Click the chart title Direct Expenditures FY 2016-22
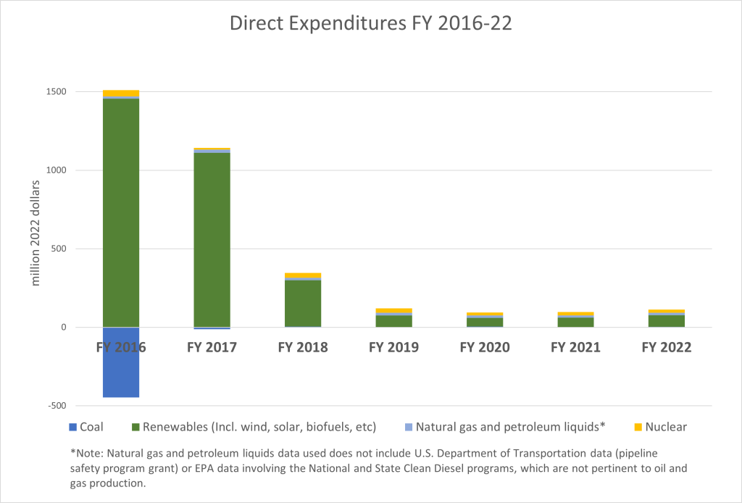pyautogui.click(x=370, y=23)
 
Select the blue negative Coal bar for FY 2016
pyautogui.click(x=121, y=362)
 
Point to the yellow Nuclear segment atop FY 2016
pyautogui.click(x=121, y=93)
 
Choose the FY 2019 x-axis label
pyautogui.click(x=393, y=348)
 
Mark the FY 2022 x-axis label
pyautogui.click(x=667, y=348)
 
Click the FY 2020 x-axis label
pyautogui.click(x=485, y=348)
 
